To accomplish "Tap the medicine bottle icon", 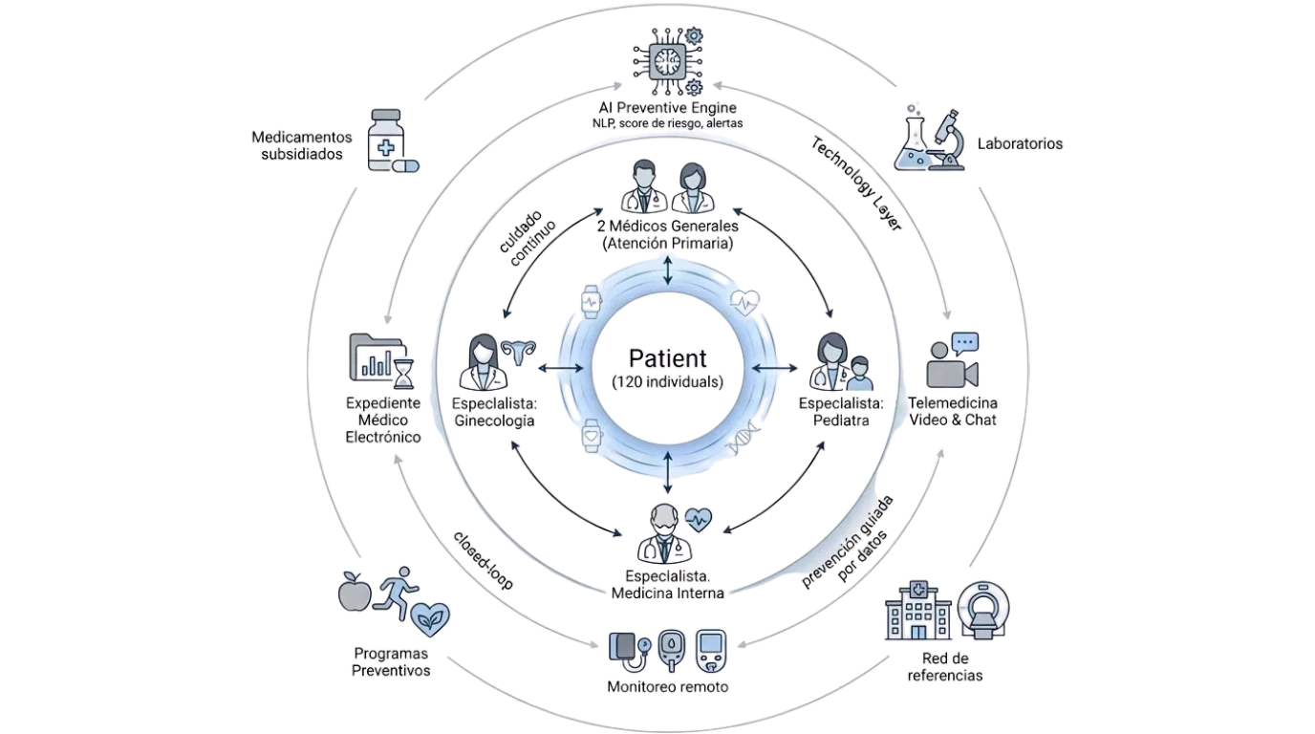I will pyautogui.click(x=387, y=140).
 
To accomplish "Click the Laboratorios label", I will pyautogui.click(x=1020, y=144).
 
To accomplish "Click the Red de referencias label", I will pyautogui.click(x=946, y=667).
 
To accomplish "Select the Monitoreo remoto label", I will pyautogui.click(x=668, y=687).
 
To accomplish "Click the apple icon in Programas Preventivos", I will pyautogui.click(x=354, y=592).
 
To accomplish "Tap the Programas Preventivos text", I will pyautogui.click(x=391, y=662).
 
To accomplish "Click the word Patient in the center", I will pyautogui.click(x=668, y=359).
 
